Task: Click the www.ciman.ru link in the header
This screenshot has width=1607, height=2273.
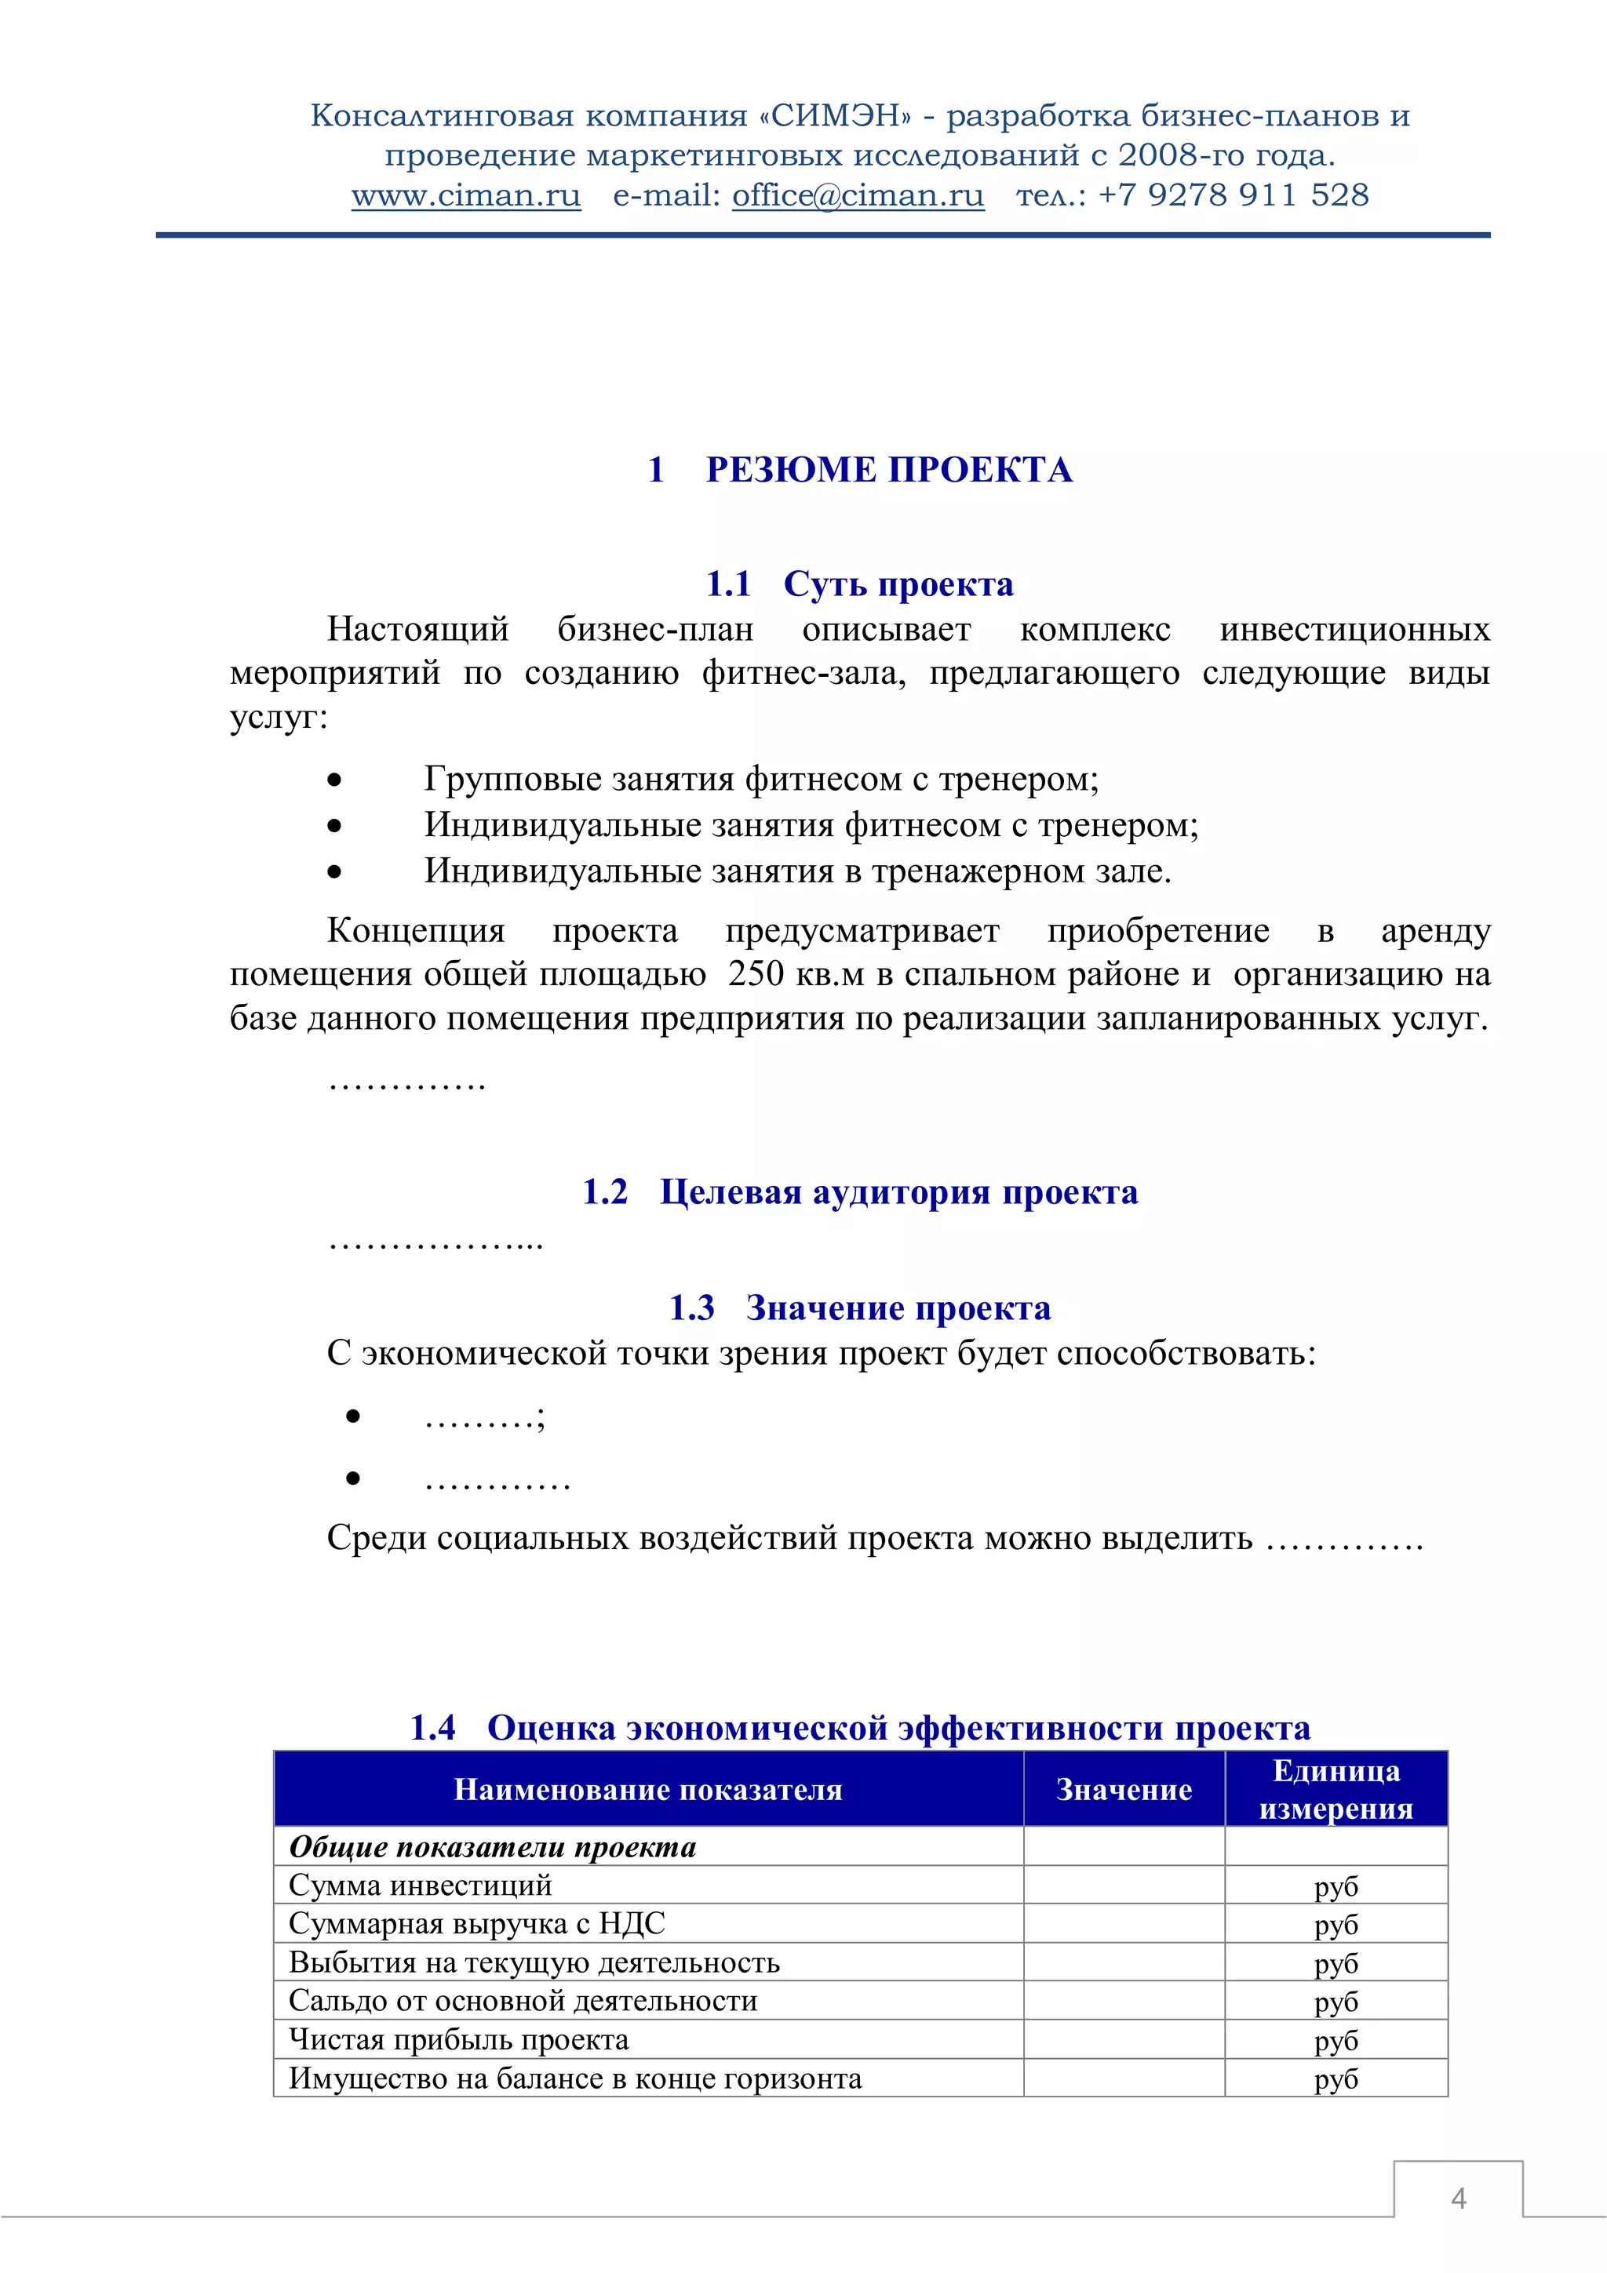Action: pyautogui.click(x=465, y=196)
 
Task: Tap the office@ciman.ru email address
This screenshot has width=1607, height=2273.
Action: pyautogui.click(x=858, y=196)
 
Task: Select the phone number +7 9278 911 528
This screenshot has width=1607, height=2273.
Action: pyautogui.click(x=1233, y=195)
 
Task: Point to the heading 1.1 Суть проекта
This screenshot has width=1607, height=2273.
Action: pyautogui.click(x=859, y=584)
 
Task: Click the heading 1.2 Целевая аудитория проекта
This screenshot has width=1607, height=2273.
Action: pyautogui.click(x=859, y=1192)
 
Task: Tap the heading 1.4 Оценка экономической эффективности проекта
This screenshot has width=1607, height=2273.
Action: pyautogui.click(x=859, y=1728)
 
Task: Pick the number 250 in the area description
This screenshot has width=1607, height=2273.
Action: pyautogui.click(x=756, y=974)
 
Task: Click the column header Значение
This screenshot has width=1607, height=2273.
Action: pyautogui.click(x=1124, y=1789)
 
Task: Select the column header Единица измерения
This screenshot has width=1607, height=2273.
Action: pyautogui.click(x=1336, y=1789)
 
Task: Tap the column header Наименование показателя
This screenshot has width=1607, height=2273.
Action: pyautogui.click(x=647, y=1789)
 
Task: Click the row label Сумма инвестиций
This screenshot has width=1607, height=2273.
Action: pyautogui.click(x=420, y=1885)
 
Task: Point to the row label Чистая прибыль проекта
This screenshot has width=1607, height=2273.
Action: pyautogui.click(x=458, y=2039)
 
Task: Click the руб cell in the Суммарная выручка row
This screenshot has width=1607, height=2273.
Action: pyautogui.click(x=1336, y=1925)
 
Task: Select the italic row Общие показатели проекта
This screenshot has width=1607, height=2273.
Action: pyautogui.click(x=492, y=1847)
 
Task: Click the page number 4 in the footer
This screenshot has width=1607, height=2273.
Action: pyautogui.click(x=1457, y=2198)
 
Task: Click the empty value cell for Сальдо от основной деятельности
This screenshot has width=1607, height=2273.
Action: pyautogui.click(x=1124, y=2001)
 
